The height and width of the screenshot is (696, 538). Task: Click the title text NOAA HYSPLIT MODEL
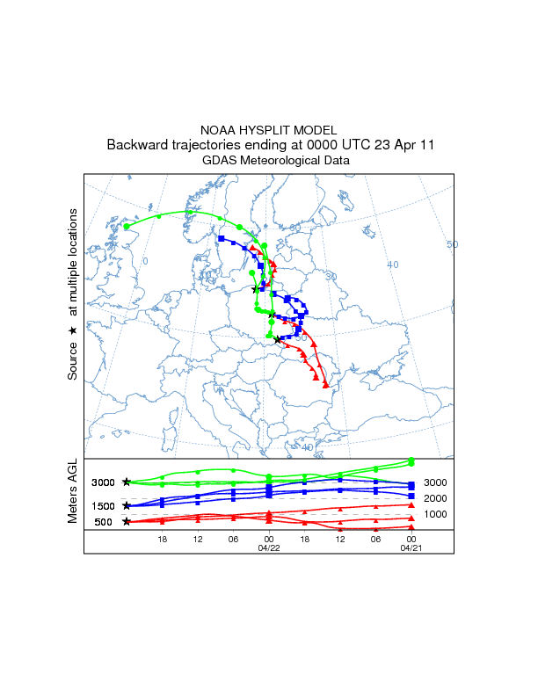coord(269,129)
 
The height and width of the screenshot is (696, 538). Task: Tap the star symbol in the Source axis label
coord(73,330)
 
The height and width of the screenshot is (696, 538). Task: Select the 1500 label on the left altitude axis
coord(104,506)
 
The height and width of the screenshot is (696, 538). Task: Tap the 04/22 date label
coord(269,547)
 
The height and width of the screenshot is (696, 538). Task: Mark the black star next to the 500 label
coord(127,522)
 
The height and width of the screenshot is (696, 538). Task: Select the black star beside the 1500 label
coord(127,506)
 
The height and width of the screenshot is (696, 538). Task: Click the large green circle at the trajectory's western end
coord(127,227)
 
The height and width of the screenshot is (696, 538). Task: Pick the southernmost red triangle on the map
coord(326,384)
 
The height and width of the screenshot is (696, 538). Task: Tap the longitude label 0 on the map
coord(146,261)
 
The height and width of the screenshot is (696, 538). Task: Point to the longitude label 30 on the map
coord(331,276)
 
